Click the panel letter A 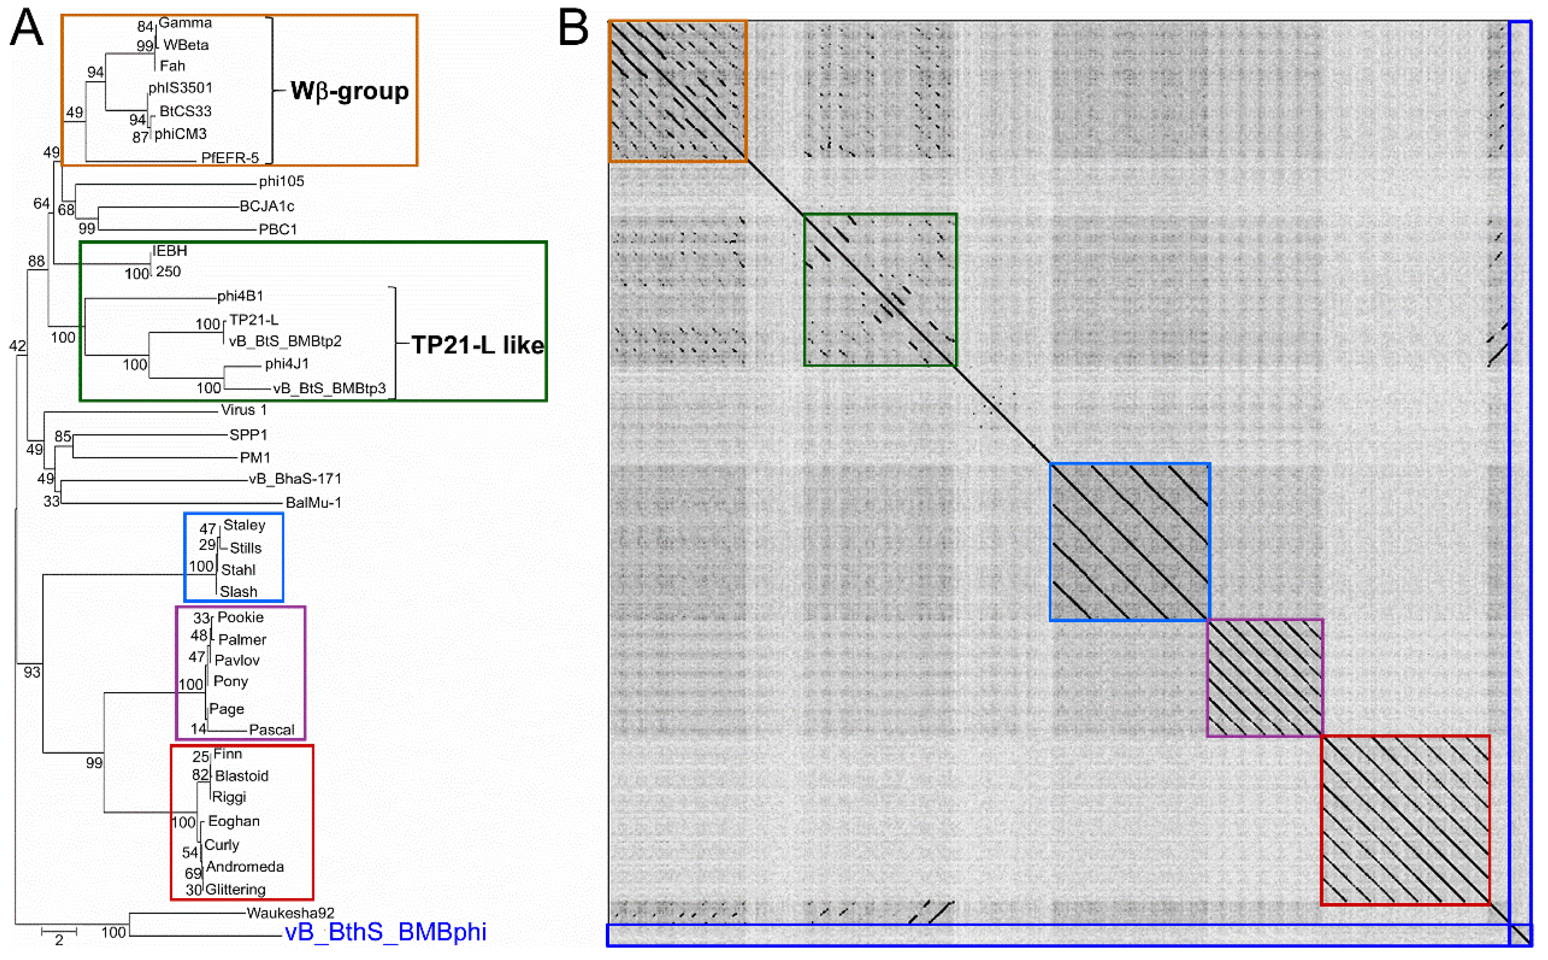pyautogui.click(x=26, y=29)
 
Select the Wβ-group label pyautogui.click(x=349, y=91)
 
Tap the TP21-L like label pyautogui.click(x=477, y=345)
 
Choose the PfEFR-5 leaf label pyautogui.click(x=230, y=158)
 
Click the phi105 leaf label pyautogui.click(x=281, y=181)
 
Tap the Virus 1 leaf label pyautogui.click(x=244, y=410)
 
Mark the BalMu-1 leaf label pyautogui.click(x=313, y=503)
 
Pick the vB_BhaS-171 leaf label pyautogui.click(x=294, y=479)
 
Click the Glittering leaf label pyautogui.click(x=235, y=889)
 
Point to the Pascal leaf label pyautogui.click(x=272, y=730)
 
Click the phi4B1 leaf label pyautogui.click(x=240, y=296)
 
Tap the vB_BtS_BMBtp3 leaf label pyautogui.click(x=329, y=388)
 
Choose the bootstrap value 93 pyautogui.click(x=32, y=672)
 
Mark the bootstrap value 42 pyautogui.click(x=17, y=346)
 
